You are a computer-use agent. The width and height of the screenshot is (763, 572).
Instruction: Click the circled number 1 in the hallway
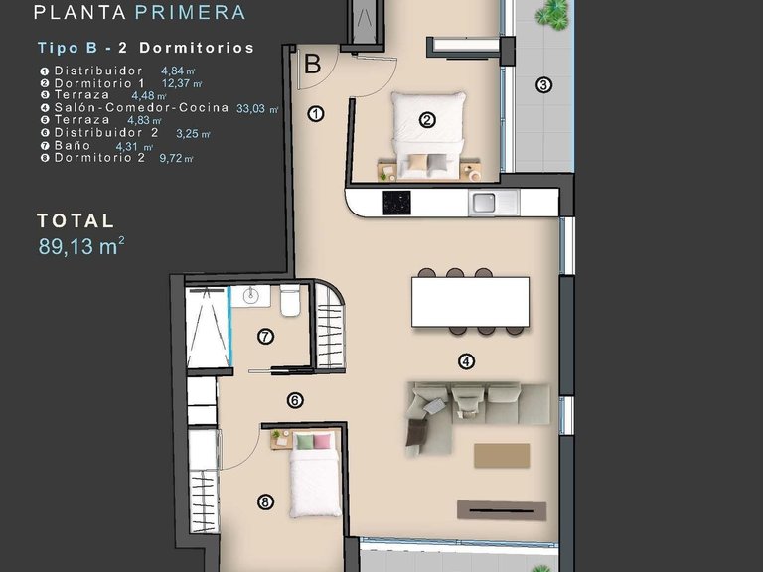point(316,113)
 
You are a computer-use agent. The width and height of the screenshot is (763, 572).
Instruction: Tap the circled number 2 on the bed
point(427,121)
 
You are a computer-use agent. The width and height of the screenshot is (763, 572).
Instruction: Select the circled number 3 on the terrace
point(543,85)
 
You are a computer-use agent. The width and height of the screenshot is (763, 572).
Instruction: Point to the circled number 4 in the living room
point(466,361)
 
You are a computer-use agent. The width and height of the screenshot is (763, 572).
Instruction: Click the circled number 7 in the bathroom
point(265,337)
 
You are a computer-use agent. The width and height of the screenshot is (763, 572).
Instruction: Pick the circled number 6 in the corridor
point(295,401)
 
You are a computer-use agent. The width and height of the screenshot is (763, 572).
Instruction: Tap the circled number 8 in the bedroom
point(264,502)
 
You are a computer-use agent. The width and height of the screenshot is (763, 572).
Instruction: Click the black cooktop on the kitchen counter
point(395,202)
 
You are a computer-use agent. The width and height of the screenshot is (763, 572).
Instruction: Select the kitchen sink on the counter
point(485,203)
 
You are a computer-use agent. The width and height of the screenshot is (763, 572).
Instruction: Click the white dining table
point(470,302)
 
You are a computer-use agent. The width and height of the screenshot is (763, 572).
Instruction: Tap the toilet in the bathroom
point(290,300)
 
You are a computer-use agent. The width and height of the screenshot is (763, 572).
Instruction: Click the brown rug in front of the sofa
point(501,455)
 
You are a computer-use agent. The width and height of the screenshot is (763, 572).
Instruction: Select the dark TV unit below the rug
point(502,509)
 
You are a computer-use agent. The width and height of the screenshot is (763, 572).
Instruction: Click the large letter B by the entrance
point(312,66)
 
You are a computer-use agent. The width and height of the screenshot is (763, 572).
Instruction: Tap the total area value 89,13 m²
point(81,247)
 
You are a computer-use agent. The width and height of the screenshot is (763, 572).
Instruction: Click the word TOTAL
point(76,221)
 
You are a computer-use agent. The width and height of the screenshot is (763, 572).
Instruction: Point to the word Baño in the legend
point(73,145)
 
